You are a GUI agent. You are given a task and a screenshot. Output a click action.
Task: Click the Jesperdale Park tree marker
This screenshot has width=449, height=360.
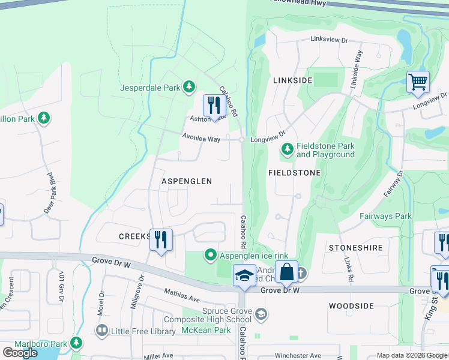(189, 87)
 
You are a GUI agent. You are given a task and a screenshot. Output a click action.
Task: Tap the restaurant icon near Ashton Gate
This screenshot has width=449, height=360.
(214, 106)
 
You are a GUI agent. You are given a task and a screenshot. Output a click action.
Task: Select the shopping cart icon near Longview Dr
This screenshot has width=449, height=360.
(418, 82)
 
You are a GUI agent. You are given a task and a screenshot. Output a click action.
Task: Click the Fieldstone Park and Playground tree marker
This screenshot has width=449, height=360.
(288, 148)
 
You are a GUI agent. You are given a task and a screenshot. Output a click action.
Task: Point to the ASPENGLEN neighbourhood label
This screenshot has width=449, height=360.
(187, 181)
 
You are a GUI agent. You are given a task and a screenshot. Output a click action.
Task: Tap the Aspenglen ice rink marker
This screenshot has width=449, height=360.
(211, 256)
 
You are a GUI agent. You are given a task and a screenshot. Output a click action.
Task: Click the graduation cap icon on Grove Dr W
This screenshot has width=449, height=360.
(244, 275)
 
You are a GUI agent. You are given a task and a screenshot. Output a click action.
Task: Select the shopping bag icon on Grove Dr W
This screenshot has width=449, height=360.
(287, 272)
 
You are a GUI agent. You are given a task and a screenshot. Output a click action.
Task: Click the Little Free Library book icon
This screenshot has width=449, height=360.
(101, 330)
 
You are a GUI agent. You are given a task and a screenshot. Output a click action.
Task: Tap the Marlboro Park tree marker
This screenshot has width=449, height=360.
(76, 343)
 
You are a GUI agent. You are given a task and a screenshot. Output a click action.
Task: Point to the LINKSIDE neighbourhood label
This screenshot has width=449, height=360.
(292, 80)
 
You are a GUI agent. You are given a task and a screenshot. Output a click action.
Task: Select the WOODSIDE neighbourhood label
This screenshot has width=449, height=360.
(352, 305)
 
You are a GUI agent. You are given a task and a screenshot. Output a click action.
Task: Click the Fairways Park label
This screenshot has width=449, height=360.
(385, 216)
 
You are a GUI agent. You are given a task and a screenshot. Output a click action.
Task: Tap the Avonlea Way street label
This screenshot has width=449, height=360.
(202, 139)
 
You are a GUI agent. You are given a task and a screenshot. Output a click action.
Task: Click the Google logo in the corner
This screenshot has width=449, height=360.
(20, 353)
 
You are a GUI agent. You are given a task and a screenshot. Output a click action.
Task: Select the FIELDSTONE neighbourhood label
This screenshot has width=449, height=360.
(294, 172)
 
